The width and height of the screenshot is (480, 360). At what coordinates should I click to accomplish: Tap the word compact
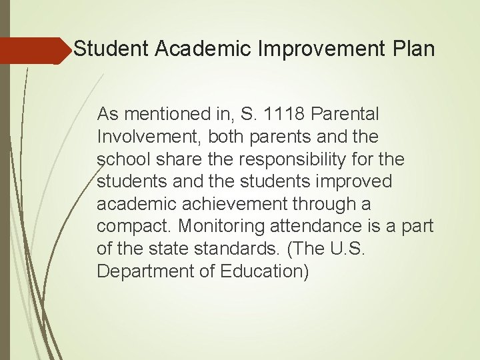pyautogui.click(x=131, y=227)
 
